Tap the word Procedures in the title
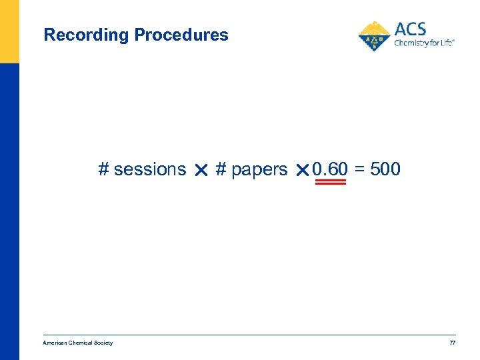[181, 35]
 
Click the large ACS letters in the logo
[410, 29]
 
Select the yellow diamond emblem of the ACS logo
[375, 36]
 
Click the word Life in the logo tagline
[446, 43]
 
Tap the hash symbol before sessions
[103, 169]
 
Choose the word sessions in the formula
[150, 170]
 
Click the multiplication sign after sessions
[201, 171]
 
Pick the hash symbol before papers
[221, 169]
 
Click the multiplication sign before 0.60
[301, 171]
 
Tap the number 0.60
[329, 169]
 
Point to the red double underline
[330, 182]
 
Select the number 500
[385, 169]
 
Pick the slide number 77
[452, 343]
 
